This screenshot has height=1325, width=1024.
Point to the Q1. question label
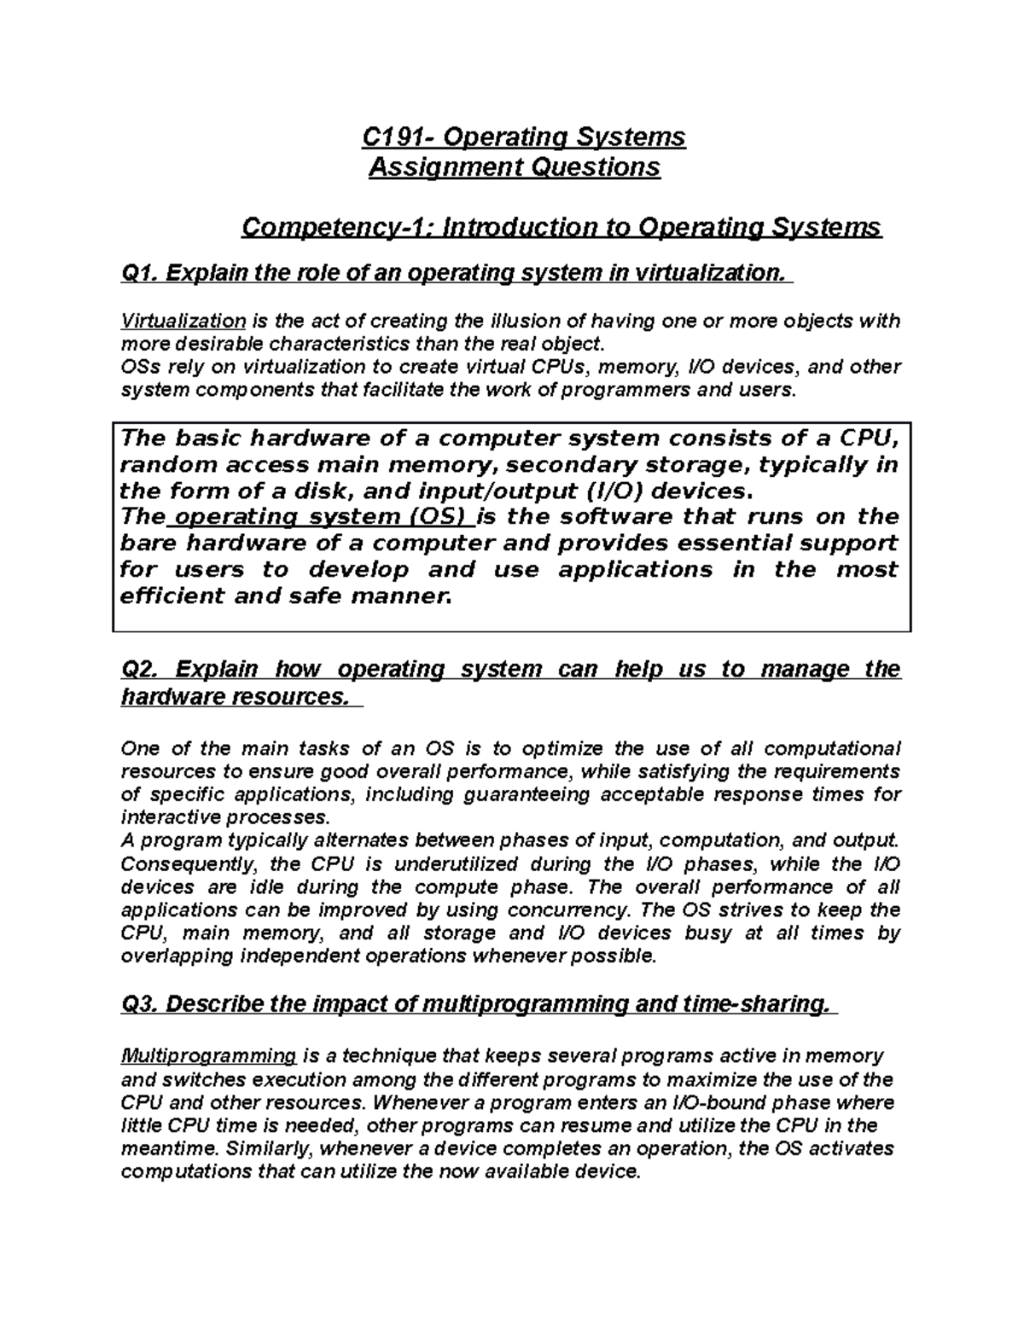pos(141,273)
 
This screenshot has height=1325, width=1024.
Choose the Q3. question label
pos(141,1003)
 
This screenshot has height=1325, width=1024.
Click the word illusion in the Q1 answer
pos(523,321)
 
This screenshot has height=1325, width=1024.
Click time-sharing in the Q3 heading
pos(776,1003)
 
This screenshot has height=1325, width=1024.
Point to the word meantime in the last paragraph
pos(159,1148)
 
